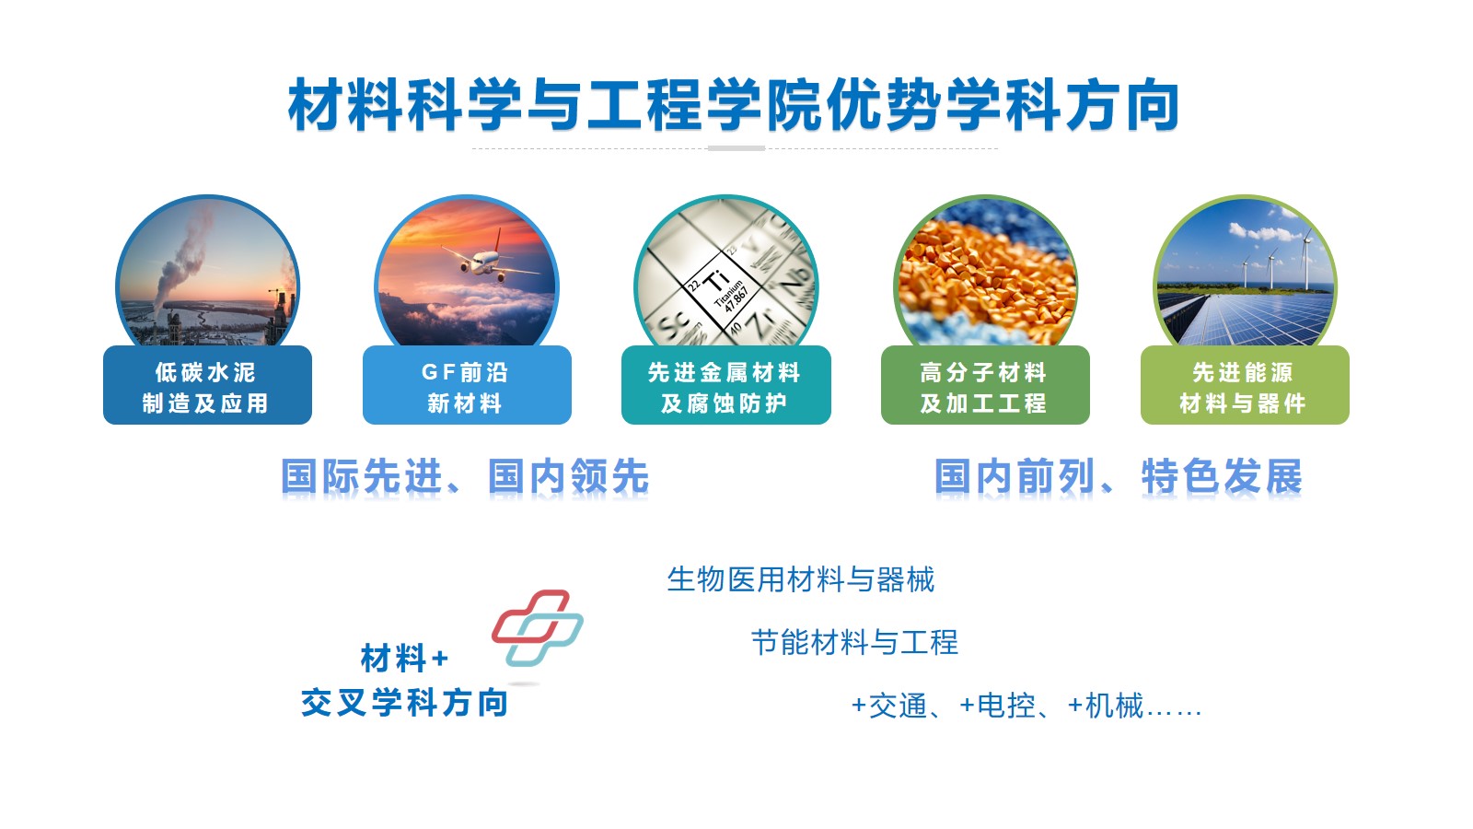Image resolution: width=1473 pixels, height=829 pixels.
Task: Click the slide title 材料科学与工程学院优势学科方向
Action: coord(733,105)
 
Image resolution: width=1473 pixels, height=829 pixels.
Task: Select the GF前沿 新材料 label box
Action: coord(467,385)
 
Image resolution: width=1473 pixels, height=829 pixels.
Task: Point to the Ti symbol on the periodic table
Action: coord(716,281)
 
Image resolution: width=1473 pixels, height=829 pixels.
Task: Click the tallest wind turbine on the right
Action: coord(1306,259)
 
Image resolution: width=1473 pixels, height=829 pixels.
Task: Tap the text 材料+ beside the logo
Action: coord(404,658)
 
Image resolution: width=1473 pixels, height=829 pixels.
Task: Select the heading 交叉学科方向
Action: coord(404,703)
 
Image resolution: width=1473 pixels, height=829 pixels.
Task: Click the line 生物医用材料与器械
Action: coord(800,579)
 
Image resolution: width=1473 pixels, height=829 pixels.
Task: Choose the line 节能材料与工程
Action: coord(854,642)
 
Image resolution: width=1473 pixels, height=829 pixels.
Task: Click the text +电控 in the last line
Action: coord(997,706)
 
